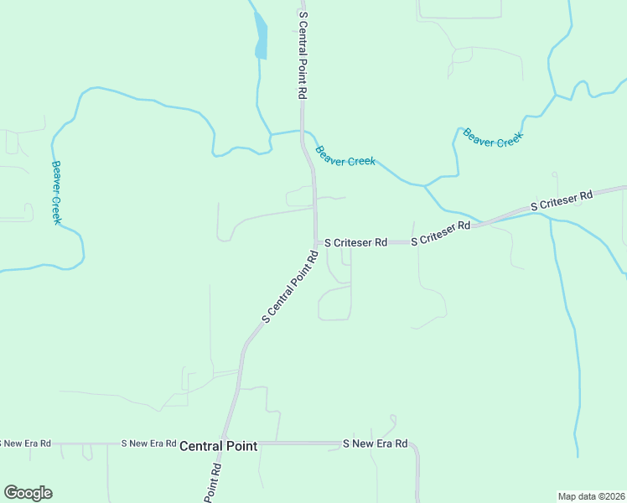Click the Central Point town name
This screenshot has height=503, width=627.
tap(218, 447)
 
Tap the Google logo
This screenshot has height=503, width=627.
tap(28, 493)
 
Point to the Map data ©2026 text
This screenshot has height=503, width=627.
tap(591, 495)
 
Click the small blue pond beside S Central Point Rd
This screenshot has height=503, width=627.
tap(262, 38)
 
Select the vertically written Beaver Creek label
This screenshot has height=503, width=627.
tap(56, 192)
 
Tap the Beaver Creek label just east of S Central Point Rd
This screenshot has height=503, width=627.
tap(345, 156)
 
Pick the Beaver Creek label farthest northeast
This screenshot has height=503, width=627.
tap(493, 137)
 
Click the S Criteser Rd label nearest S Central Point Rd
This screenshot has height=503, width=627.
tap(355, 242)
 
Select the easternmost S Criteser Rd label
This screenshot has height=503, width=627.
tap(562, 200)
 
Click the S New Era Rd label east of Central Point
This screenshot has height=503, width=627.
tap(375, 443)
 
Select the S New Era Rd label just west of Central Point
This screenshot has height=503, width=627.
tap(148, 443)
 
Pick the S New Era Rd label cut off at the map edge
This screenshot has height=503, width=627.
tap(25, 443)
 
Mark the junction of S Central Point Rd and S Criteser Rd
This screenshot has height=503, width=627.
tap(317, 242)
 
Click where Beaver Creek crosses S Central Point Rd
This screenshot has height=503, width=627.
tap(303, 132)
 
